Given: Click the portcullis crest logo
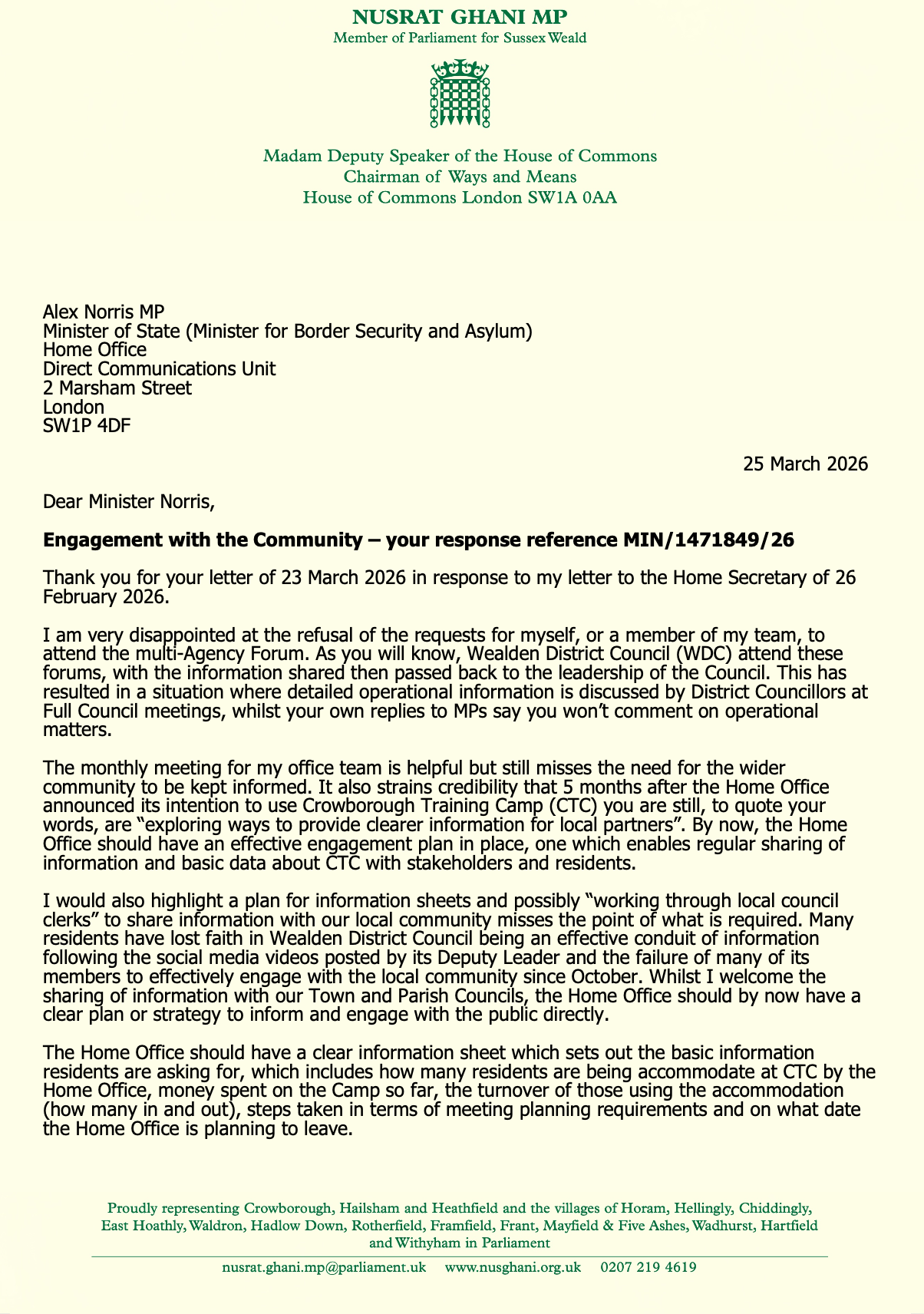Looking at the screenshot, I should point(460,94).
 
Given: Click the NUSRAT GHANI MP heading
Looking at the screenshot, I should point(460,17).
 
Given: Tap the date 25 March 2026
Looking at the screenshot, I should point(806,464).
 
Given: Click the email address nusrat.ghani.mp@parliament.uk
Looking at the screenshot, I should point(324,1267).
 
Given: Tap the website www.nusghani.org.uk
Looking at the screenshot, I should point(513,1267).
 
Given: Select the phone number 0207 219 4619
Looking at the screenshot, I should point(648,1267).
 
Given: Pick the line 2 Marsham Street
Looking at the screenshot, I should point(117,388).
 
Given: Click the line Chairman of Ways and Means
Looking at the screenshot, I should point(460,177).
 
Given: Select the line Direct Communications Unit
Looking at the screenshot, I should point(160,368).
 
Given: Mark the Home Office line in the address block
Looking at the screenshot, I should point(94,349).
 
